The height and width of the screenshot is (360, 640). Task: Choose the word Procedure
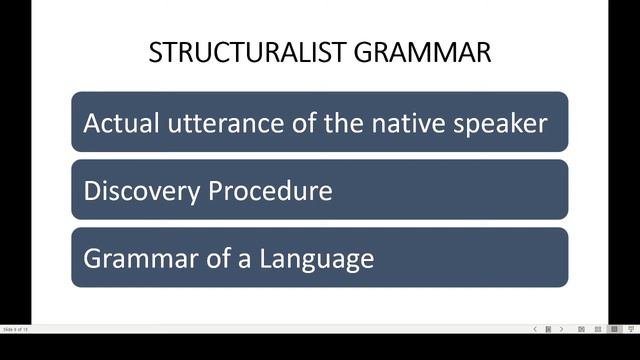[x=267, y=190]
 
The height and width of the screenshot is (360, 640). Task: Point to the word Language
[x=317, y=259]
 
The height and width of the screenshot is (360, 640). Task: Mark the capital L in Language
[x=265, y=258]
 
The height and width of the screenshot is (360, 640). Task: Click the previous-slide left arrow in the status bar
[x=534, y=329]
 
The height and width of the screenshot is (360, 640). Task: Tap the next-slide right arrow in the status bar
[x=561, y=329]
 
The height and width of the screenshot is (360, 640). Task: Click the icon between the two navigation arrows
[x=548, y=329]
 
